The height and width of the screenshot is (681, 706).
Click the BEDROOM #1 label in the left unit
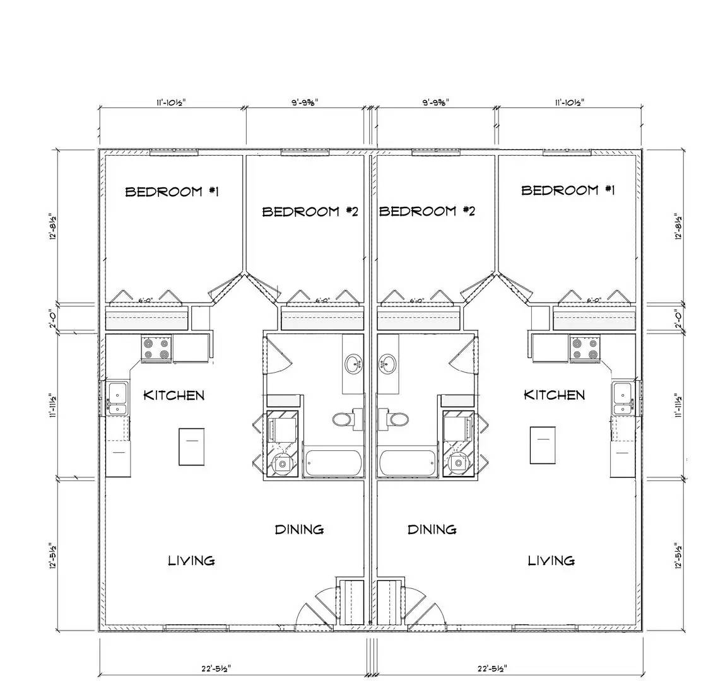click(x=172, y=192)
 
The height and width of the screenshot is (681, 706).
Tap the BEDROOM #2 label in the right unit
click(x=427, y=211)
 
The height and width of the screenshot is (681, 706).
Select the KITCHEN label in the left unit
click(x=174, y=395)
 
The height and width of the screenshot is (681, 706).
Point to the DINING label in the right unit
click(x=432, y=529)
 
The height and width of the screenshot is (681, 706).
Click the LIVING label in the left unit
click(x=191, y=560)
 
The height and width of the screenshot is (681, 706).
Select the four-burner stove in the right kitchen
click(x=585, y=349)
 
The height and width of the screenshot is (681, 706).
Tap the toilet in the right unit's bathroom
click(x=395, y=418)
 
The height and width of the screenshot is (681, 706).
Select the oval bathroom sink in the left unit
click(x=353, y=364)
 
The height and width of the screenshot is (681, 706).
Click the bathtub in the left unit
click(x=334, y=464)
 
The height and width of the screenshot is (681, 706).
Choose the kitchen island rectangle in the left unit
click(x=192, y=446)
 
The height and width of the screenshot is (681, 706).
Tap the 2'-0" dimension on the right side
click(x=679, y=318)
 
